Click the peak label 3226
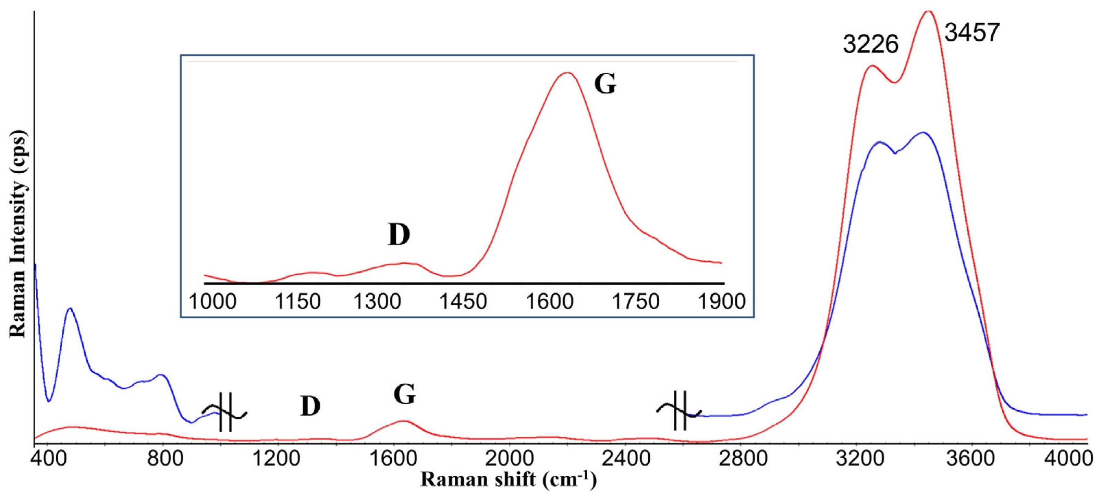coord(871,45)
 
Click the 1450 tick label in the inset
coord(464,302)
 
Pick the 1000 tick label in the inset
coord(212,302)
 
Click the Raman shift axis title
coord(508,480)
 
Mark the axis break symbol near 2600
coord(680,411)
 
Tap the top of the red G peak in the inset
coord(567,73)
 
